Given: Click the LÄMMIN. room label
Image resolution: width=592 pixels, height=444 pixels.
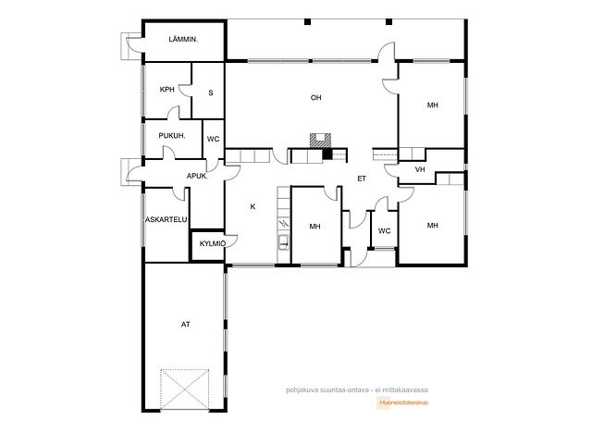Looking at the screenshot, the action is (x=183, y=39).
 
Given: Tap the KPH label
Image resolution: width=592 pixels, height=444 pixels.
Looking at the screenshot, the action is (x=167, y=90).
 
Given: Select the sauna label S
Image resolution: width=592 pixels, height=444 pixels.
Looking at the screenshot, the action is (x=211, y=92).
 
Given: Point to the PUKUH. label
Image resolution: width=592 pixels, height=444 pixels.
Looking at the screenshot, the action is (x=172, y=136).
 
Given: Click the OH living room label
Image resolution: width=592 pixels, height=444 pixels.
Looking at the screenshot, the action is (x=316, y=98).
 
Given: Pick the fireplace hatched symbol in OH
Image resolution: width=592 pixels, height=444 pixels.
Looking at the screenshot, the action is (x=320, y=140).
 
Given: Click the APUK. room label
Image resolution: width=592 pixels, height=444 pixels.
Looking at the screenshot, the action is (x=197, y=176).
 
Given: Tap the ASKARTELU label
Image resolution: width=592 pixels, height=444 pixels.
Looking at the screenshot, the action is (x=166, y=219).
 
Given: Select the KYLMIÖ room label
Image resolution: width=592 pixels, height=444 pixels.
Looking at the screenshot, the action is (x=213, y=244).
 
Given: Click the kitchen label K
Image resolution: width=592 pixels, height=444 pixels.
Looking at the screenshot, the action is (x=253, y=206).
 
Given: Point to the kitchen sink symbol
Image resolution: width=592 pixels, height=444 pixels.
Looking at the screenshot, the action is (x=284, y=242).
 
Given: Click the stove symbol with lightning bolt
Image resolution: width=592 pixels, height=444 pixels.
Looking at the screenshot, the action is (x=284, y=224).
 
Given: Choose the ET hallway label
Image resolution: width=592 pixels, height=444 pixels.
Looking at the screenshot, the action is (x=362, y=179).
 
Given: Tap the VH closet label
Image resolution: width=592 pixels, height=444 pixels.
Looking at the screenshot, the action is (x=420, y=170).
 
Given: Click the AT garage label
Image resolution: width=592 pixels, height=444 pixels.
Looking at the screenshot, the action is (x=185, y=325).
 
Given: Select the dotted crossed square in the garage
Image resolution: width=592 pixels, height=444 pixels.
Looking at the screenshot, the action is (x=185, y=389).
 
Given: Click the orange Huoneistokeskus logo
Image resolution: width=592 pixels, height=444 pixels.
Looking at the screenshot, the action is (x=403, y=402).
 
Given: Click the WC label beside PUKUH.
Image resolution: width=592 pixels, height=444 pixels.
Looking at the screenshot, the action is (x=214, y=140).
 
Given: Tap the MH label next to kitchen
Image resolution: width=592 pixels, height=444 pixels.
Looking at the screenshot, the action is (x=314, y=227).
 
